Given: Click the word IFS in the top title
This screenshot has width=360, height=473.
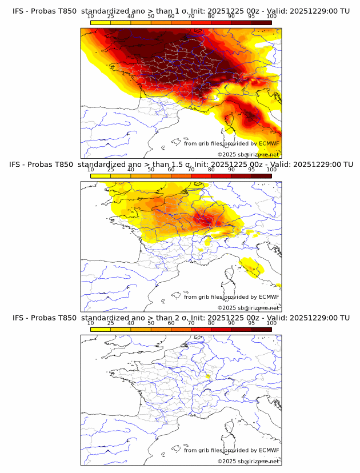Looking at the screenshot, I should pos(18,10).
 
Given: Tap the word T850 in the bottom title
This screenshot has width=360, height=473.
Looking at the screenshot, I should pos(66,318).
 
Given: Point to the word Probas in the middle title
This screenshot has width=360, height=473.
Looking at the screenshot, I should pos(42,165).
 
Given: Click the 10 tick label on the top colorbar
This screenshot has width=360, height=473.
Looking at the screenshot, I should pos(91,17).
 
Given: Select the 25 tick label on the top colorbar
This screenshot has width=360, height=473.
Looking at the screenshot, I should pos(111,17).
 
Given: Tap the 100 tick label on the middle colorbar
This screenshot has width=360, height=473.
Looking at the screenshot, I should pos(271,170).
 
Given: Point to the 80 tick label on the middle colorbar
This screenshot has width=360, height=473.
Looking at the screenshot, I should pos(211,170).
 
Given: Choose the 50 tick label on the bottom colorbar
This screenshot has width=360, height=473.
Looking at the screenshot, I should pos(151,323).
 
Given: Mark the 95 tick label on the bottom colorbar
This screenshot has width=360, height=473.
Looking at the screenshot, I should pos(251,323).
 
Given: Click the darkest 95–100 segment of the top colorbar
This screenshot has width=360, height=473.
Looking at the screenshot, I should pos(261,22).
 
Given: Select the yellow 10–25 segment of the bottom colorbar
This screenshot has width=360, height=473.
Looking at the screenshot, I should pos(101,330).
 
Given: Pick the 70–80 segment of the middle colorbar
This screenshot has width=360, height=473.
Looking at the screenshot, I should pos(201,176).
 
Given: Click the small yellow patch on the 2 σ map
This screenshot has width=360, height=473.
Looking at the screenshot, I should pos(208,376).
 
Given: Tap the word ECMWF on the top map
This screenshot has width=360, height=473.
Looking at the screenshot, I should pos(269,143).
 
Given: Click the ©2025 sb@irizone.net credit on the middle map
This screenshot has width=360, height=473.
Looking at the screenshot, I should pos(248,308).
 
